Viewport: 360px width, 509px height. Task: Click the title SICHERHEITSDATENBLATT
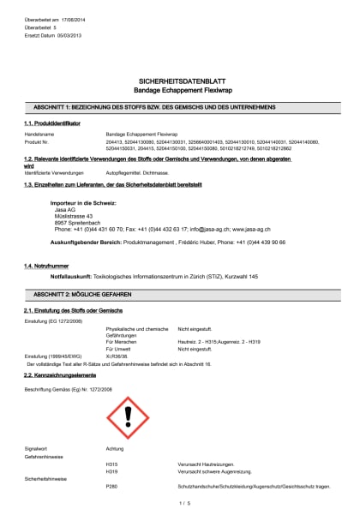179,78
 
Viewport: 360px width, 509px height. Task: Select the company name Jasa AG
65,210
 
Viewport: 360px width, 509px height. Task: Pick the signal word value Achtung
115,448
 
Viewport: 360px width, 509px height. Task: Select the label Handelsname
39,135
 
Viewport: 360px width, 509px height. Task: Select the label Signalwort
37,448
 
